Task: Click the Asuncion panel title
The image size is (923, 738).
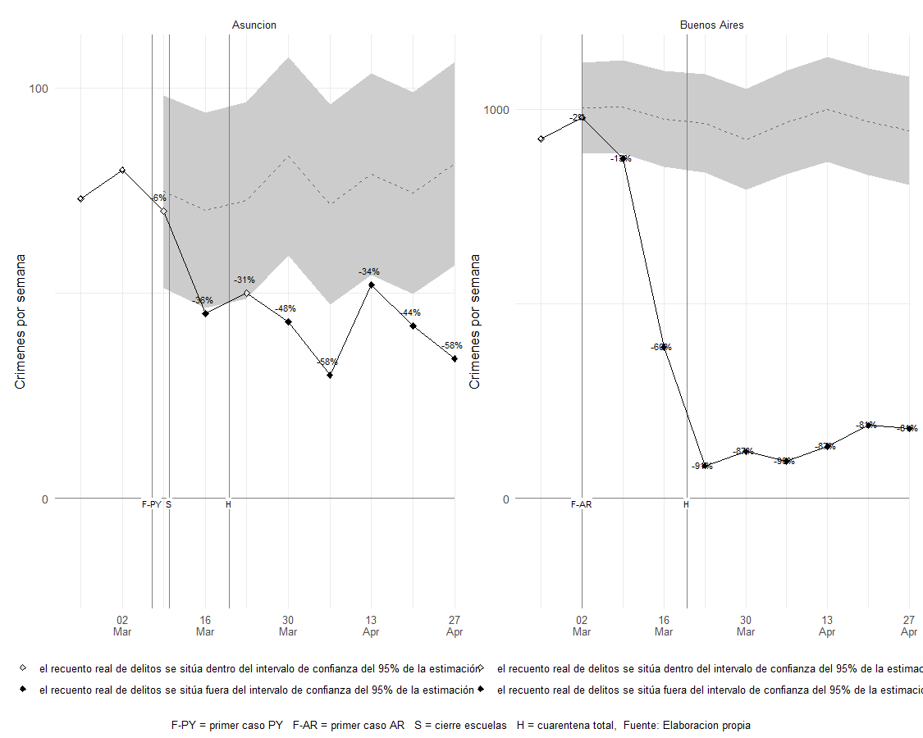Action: coord(254,25)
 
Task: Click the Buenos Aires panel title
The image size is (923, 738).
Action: coord(711,25)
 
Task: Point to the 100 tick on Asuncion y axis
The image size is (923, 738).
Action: coord(39,89)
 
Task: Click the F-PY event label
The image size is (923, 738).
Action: coord(151,505)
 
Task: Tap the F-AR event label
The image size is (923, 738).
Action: coord(581,505)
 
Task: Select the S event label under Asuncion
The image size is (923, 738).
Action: coord(169,505)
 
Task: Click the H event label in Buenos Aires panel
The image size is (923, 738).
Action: coord(687,505)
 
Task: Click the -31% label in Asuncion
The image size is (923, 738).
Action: coord(244,280)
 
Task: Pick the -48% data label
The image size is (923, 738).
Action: coord(286,309)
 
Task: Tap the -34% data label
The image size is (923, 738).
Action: coord(369,271)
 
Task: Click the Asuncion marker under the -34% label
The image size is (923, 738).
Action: coord(372,285)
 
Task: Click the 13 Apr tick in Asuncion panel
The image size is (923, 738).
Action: coord(371,626)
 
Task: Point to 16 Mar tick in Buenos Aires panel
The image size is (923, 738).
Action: coord(664,626)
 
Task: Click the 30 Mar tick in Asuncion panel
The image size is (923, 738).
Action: coord(288,626)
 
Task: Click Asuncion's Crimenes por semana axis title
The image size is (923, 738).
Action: coord(21,321)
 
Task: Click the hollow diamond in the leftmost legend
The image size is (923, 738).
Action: coord(22,668)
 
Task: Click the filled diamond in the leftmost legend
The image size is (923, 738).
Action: coord(22,690)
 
